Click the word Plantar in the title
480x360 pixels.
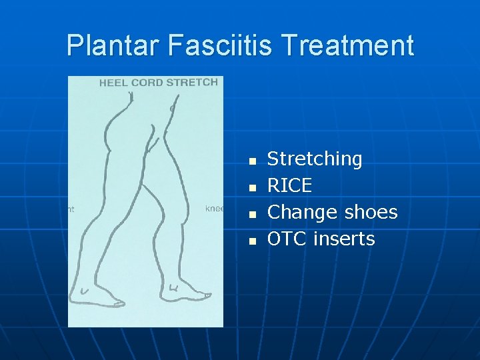point(113,45)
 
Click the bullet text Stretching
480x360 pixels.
point(315,159)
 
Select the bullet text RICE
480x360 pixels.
point(289,185)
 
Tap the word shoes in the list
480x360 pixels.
point(371,213)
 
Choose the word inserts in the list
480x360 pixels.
point(346,239)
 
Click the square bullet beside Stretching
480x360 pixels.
point(252,161)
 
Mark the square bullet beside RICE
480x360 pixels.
point(252,188)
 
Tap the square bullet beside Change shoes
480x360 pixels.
point(252,215)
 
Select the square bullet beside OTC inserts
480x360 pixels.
point(252,241)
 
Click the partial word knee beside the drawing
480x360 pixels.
point(214,209)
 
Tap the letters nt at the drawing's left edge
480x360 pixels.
point(71,209)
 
